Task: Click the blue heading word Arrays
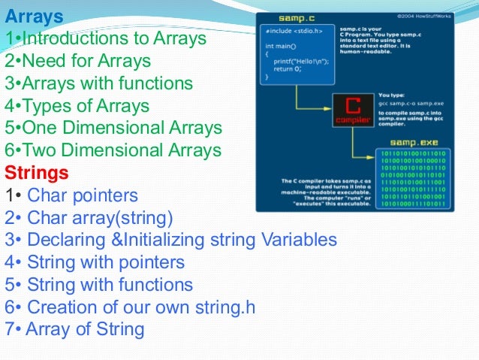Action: tap(34, 14)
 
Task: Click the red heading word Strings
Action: tap(37, 173)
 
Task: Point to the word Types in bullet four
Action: tap(46, 105)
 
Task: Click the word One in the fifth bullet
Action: tap(41, 128)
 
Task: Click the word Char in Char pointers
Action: tap(44, 196)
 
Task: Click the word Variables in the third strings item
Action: tap(299, 241)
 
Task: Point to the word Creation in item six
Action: tap(62, 307)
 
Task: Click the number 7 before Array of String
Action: tap(9, 329)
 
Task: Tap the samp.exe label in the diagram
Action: tap(405, 143)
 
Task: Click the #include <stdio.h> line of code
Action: tap(294, 32)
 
